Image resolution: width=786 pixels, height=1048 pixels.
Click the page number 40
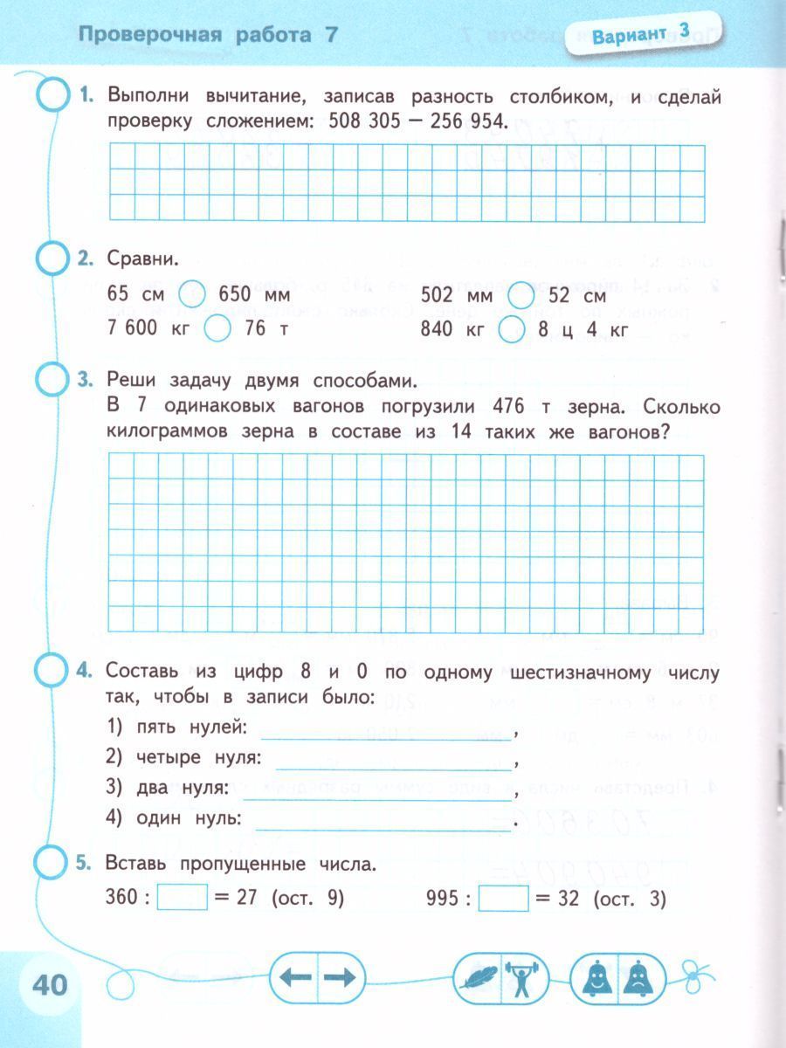50,984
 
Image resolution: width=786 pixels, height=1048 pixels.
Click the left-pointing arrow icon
295,977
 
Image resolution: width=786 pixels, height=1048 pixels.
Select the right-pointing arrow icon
341,977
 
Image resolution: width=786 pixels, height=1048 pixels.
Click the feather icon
478,977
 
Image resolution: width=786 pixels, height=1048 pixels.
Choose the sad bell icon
640,977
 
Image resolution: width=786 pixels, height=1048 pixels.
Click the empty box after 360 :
182,898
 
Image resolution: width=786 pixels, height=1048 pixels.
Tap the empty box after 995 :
504,898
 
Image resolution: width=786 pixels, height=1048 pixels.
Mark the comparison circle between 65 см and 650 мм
191,294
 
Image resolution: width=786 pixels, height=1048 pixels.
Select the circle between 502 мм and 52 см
521,294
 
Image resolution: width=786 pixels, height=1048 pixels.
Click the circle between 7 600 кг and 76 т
218,329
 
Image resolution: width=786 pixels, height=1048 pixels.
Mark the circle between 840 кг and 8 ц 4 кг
512,329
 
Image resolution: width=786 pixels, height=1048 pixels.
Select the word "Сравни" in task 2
141,259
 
